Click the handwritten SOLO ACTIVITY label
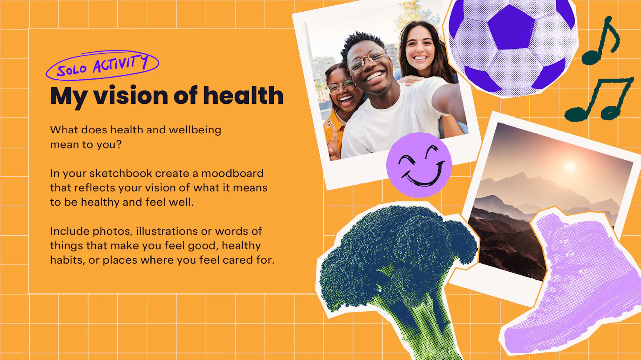point(102,65)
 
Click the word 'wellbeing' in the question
point(195,130)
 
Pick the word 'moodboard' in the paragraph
point(232,173)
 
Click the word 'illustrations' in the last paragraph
point(167,231)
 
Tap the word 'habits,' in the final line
point(68,260)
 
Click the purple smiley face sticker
point(419,165)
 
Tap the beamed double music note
point(598,98)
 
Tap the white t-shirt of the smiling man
point(392,120)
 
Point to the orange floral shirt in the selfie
point(333,131)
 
